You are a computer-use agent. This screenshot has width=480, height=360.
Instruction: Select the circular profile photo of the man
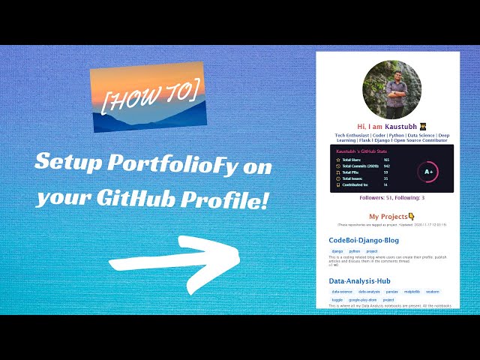click(x=386, y=89)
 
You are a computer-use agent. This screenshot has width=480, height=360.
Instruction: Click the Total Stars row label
click(x=354, y=160)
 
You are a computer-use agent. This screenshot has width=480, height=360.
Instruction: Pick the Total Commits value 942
click(x=387, y=166)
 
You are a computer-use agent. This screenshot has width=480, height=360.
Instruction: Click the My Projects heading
click(x=385, y=216)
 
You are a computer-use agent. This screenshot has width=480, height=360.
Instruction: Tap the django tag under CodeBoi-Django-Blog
click(x=337, y=251)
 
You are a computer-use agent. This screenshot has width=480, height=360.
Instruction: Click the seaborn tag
click(x=433, y=292)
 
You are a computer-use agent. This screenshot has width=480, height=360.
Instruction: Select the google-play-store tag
click(x=363, y=299)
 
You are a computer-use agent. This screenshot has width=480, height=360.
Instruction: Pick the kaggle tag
click(x=337, y=299)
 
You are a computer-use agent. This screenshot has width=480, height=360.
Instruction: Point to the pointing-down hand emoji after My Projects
click(x=412, y=216)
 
